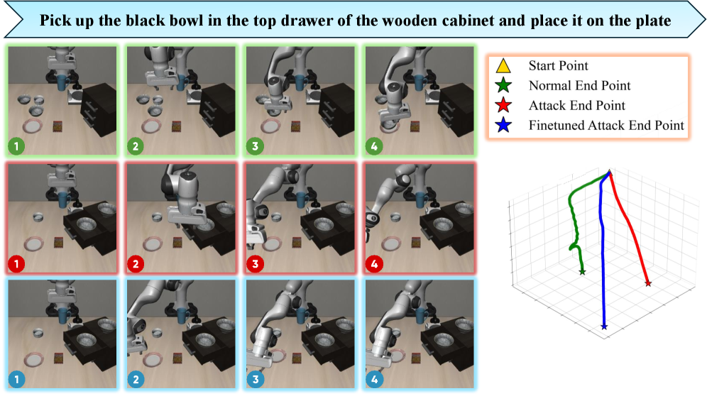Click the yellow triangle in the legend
503,66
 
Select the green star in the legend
503,85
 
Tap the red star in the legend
503,105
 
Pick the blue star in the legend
503,125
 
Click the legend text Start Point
558,66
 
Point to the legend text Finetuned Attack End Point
606,125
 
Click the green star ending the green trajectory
582,272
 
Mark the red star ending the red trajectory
648,283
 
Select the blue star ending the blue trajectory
604,326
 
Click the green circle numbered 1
17,146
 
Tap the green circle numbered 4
374,146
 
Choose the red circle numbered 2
136,263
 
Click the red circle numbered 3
256,263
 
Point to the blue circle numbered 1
17,379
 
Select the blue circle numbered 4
374,379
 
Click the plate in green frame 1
33,127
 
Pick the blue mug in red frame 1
62,200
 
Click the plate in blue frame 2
153,360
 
